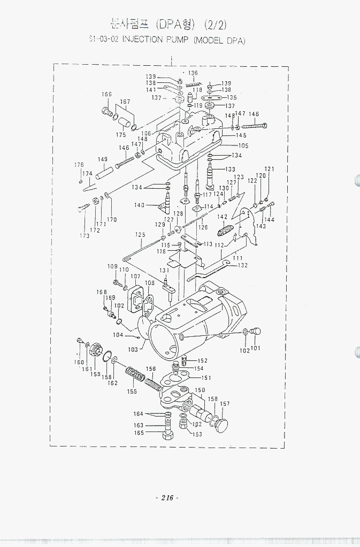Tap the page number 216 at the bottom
click(167, 498)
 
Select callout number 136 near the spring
click(193, 73)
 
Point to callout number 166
click(106, 95)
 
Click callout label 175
click(121, 135)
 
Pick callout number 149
click(103, 159)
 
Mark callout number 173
click(85, 236)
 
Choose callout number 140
click(139, 205)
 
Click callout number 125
click(140, 235)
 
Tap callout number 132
click(242, 265)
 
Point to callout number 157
click(225, 404)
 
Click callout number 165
click(139, 433)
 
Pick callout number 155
click(132, 391)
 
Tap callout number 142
click(222, 217)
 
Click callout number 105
click(243, 145)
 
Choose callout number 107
click(135, 277)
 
